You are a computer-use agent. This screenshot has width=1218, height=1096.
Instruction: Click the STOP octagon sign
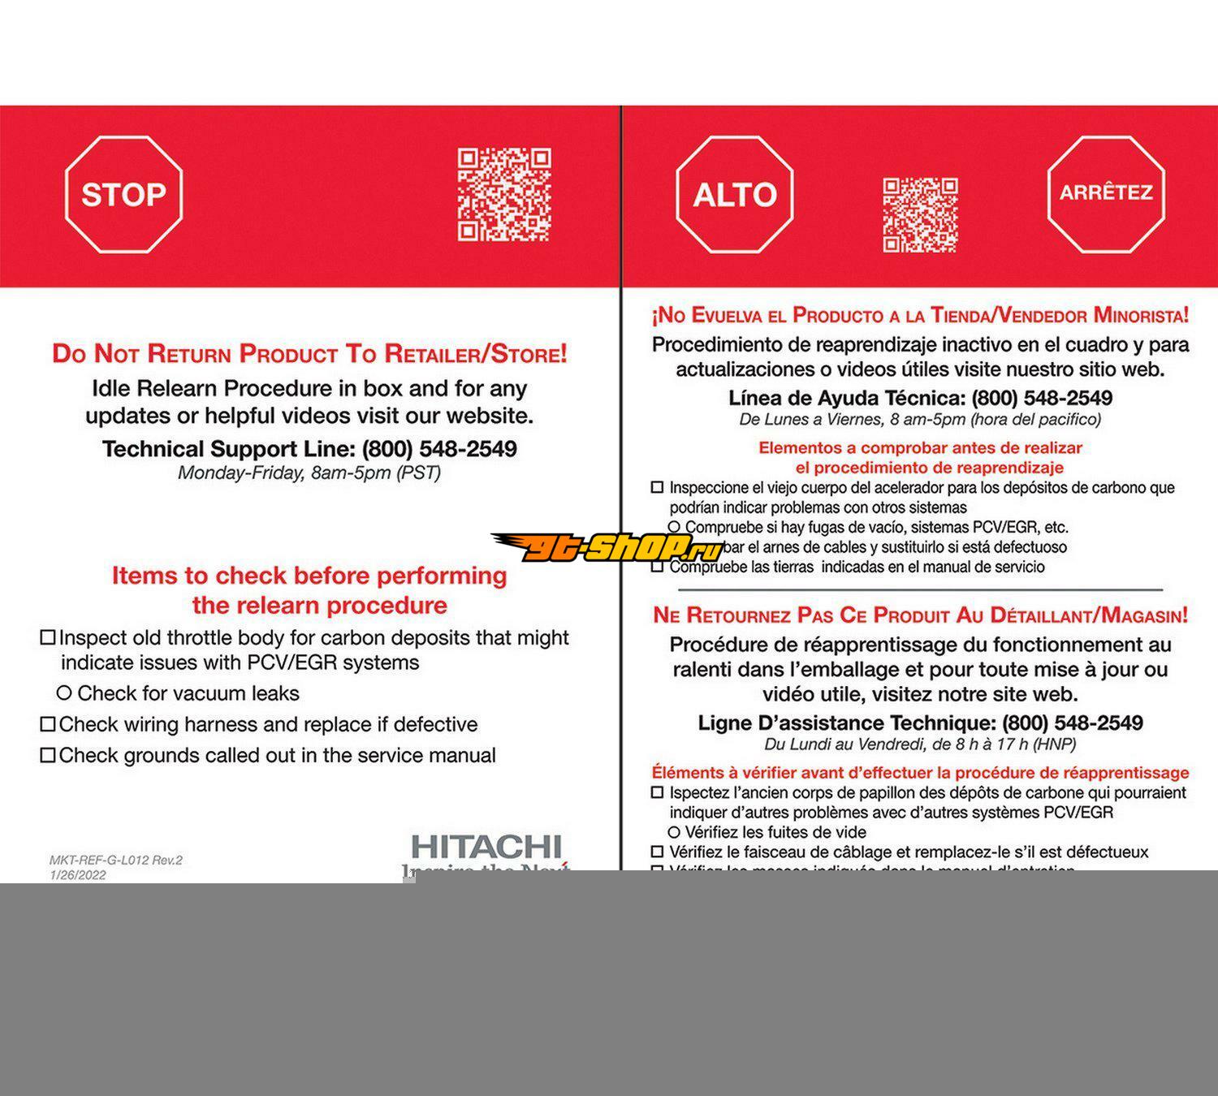[x=123, y=195]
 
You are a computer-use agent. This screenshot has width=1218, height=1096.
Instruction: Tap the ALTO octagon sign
[x=735, y=195]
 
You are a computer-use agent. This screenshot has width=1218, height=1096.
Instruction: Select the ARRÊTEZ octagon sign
[x=1106, y=193]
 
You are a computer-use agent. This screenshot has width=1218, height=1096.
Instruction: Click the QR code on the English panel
[x=503, y=195]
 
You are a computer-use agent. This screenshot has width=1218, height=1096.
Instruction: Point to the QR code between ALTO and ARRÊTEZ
[x=920, y=214]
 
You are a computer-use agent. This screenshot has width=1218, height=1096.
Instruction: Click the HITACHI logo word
[x=486, y=847]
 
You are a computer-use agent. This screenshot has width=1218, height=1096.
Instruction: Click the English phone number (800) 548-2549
[x=439, y=449]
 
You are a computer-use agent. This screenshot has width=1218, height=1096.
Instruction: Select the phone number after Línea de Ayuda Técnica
[x=1042, y=398]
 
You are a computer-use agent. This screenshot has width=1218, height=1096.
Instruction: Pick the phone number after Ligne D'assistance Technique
[x=1073, y=723]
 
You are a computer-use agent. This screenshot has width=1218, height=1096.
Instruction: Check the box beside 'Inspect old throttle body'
[x=48, y=638]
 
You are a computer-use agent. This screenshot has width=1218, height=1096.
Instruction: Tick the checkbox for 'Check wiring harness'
[x=48, y=724]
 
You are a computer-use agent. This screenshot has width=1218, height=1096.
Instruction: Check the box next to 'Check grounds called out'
[x=48, y=756]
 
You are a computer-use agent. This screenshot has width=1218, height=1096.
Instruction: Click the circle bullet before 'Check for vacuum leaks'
[x=64, y=693]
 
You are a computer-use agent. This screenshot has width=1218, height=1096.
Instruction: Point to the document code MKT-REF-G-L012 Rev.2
[x=116, y=860]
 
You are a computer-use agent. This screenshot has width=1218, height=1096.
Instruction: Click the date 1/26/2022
[x=78, y=874]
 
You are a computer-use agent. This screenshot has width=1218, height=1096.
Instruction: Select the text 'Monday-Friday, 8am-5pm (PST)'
[x=309, y=472]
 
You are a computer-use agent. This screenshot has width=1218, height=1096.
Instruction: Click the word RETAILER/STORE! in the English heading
[x=476, y=354]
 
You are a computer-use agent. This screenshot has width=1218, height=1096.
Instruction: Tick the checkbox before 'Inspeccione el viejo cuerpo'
[x=658, y=488]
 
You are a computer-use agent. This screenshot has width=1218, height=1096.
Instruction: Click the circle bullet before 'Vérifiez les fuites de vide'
[x=674, y=832]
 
